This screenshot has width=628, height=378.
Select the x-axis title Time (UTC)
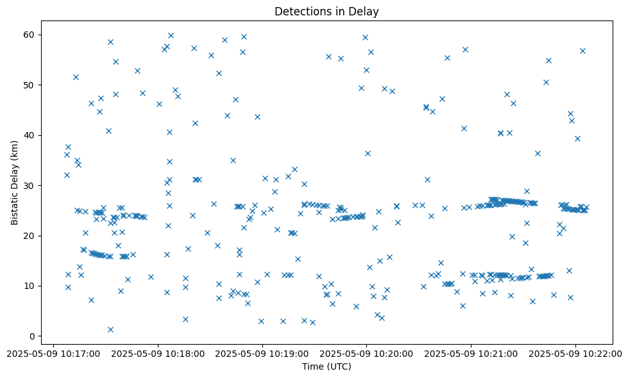[x=327, y=367]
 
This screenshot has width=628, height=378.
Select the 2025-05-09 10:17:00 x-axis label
[x=53, y=352]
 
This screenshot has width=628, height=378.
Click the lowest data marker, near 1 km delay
[x=110, y=329]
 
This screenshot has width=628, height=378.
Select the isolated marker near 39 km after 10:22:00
[x=577, y=138]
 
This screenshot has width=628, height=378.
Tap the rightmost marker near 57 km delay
[x=582, y=51]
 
